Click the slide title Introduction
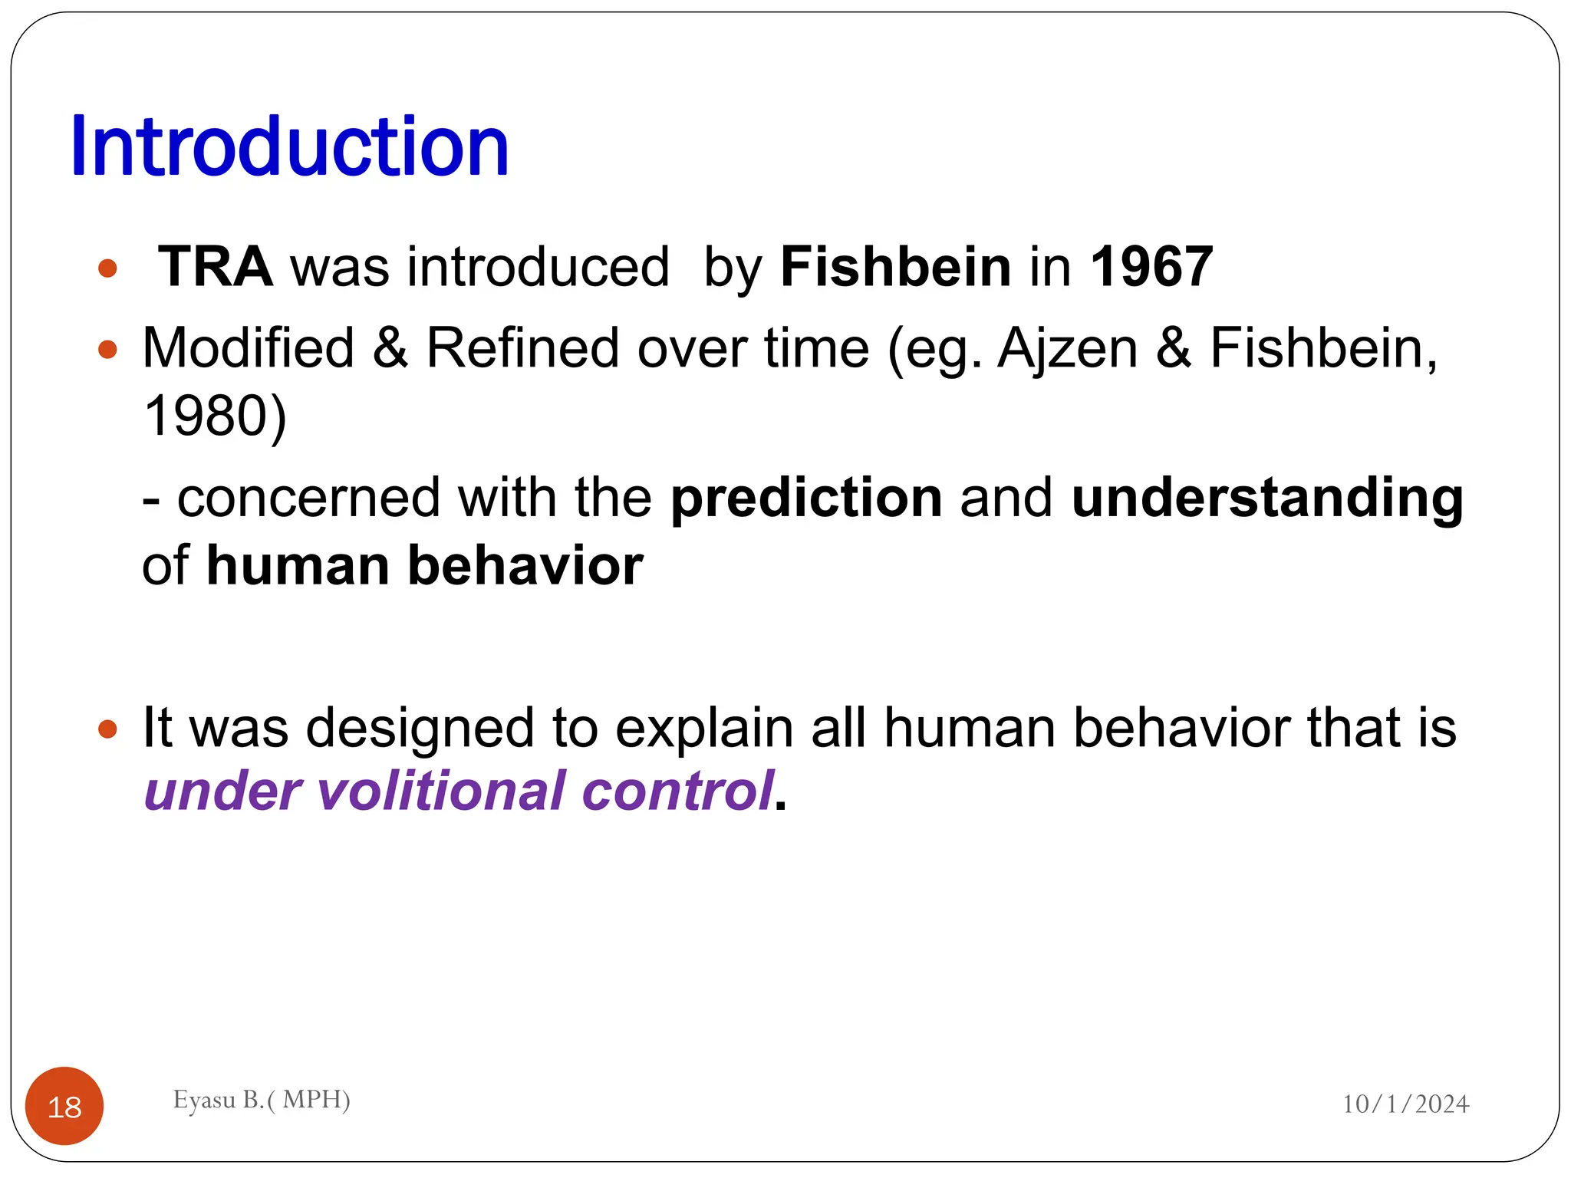289,146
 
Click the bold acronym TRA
215,267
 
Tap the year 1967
1151,267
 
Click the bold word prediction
806,498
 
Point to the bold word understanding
1267,498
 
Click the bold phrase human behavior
425,566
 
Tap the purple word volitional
440,791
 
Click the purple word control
677,791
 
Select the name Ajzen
1067,348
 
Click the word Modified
249,348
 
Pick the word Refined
522,348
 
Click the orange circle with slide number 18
64,1106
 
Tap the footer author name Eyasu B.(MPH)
262,1100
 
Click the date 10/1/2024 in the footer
1405,1104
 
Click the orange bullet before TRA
107,269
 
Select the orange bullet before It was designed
107,729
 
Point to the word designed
420,728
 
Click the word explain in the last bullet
703,728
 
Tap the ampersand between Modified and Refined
390,348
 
